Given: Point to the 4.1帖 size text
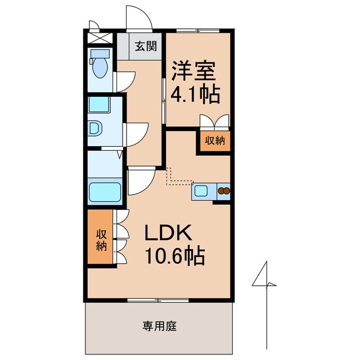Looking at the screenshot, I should [195, 96].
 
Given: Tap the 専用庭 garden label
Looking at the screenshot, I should [156, 325].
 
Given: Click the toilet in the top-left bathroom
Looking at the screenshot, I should [101, 63].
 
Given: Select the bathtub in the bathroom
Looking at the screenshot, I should [105, 193].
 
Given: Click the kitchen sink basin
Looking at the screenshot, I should [201, 191].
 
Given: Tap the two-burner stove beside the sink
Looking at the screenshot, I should [224, 191].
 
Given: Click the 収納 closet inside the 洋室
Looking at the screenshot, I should [214, 140].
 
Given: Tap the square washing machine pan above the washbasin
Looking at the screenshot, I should [102, 105].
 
